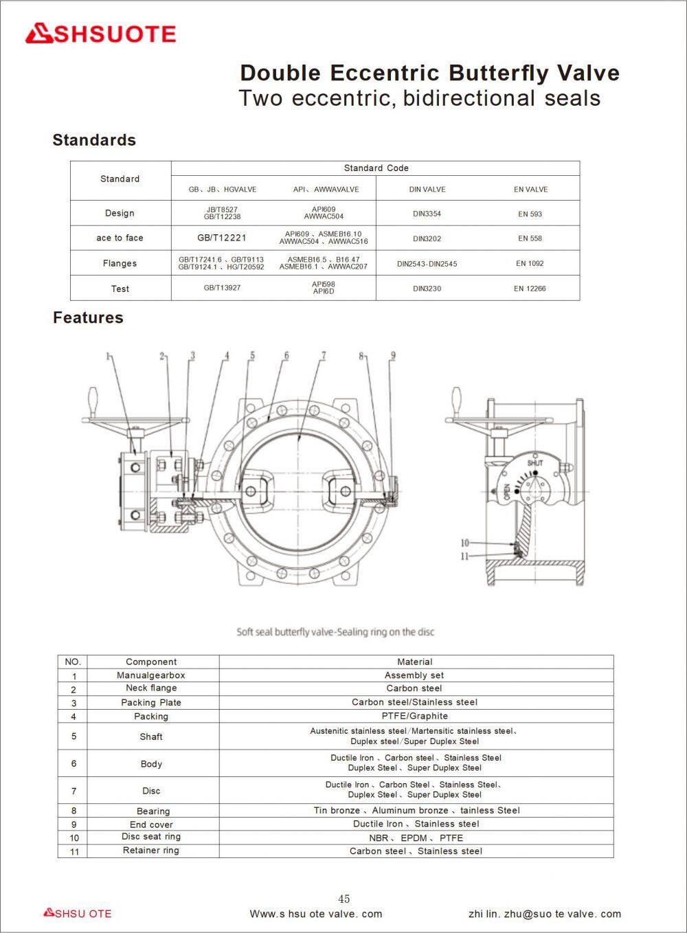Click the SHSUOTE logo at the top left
click(x=100, y=34)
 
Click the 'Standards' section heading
click(x=94, y=140)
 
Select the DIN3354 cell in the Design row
click(x=427, y=214)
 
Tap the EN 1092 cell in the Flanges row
click(x=530, y=263)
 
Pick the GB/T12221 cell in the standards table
click(x=222, y=238)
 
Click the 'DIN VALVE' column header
click(x=427, y=189)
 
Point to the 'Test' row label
click(x=120, y=289)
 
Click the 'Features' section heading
click(x=88, y=317)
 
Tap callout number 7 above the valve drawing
click(x=323, y=356)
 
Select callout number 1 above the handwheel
click(x=109, y=356)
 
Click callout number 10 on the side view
click(x=464, y=543)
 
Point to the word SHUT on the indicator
click(x=535, y=463)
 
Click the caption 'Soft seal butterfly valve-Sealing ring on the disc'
click(x=335, y=632)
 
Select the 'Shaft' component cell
click(x=151, y=737)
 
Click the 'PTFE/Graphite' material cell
click(x=414, y=716)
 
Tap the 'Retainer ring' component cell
click(x=151, y=851)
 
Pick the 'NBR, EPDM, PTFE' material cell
click(x=416, y=838)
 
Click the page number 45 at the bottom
click(x=344, y=899)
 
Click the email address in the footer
click(x=544, y=914)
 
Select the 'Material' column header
click(x=414, y=662)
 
